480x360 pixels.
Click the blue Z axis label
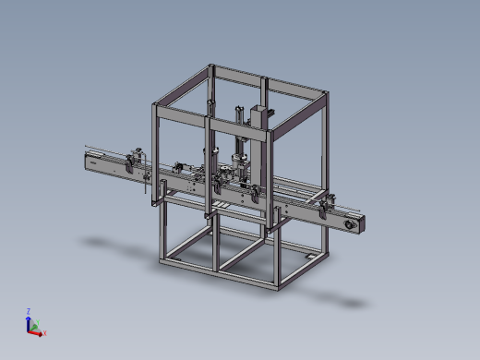30,311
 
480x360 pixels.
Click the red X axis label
44,332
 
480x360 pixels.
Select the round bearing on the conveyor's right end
350,224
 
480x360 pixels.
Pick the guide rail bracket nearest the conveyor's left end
137,158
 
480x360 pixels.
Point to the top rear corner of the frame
211,66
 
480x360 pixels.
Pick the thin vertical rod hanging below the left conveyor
145,189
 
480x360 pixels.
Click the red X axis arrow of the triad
38,330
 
